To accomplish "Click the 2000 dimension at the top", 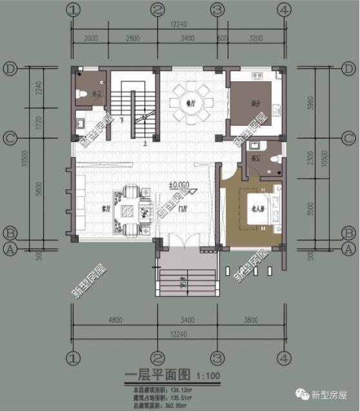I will tap(90, 38).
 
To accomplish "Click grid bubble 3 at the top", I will tap(218, 10).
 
